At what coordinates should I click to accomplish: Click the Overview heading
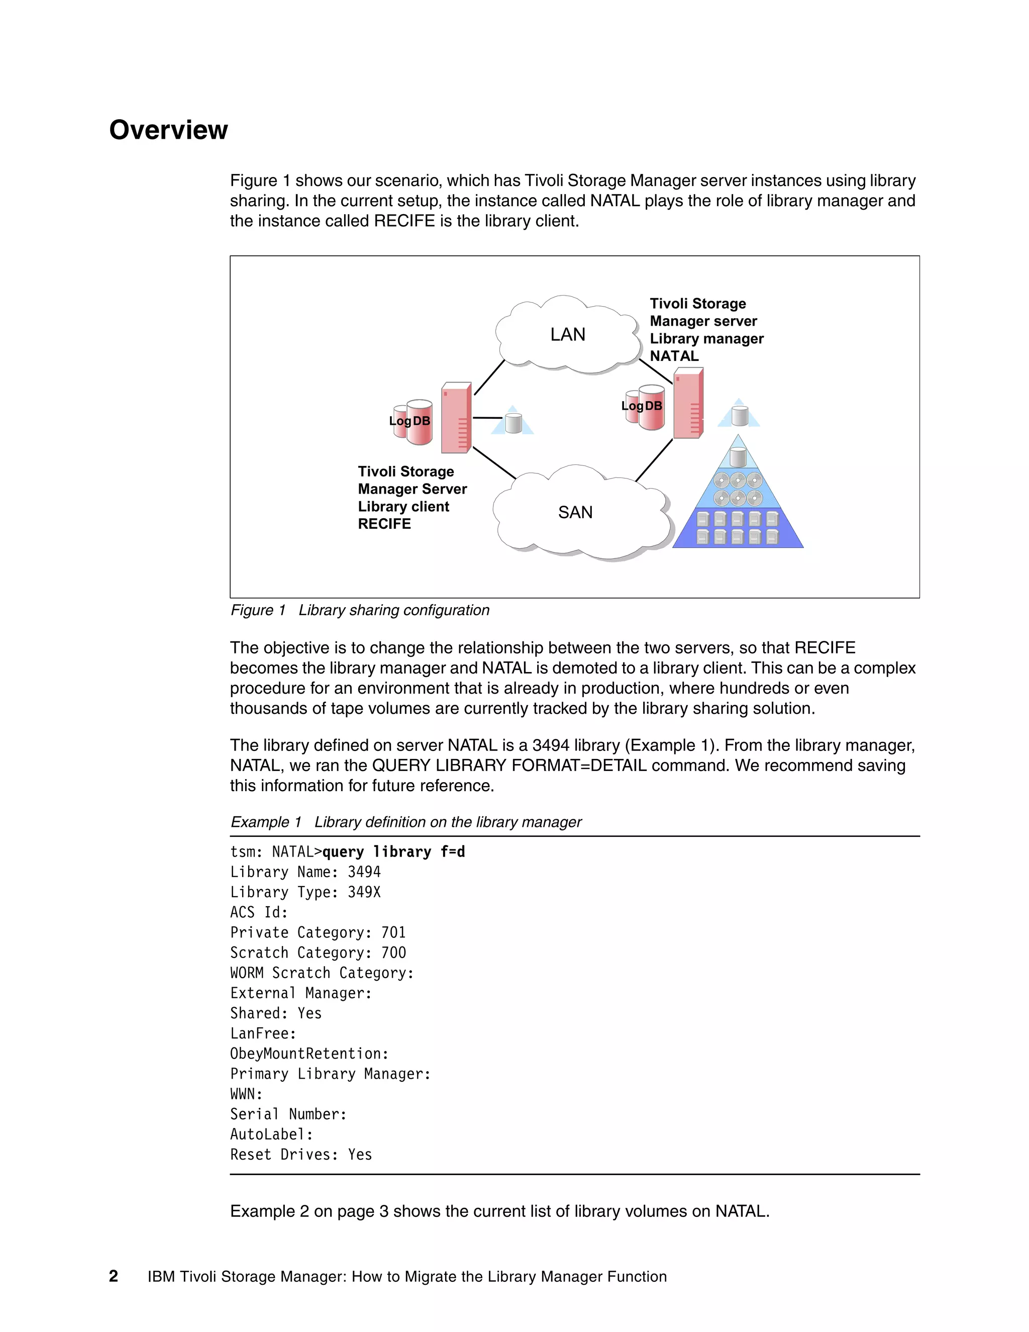(168, 130)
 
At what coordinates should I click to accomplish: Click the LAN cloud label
(568, 335)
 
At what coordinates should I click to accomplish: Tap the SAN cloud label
(575, 512)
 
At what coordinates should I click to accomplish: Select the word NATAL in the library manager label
(674, 356)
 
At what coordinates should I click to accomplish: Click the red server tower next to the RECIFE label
(456, 418)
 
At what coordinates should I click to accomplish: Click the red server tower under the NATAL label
(688, 403)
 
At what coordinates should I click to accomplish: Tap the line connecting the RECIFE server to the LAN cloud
(489, 377)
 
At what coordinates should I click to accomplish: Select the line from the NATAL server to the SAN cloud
(654, 460)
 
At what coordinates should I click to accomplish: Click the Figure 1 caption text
(360, 611)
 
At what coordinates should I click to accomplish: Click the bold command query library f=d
(393, 852)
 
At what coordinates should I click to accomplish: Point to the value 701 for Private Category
(393, 932)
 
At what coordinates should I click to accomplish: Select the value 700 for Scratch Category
(393, 953)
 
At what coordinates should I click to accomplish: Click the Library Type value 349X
(364, 892)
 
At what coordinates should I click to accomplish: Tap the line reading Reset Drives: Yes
(300, 1155)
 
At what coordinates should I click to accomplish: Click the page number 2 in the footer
(114, 1277)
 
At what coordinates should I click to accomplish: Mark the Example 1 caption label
(266, 822)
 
